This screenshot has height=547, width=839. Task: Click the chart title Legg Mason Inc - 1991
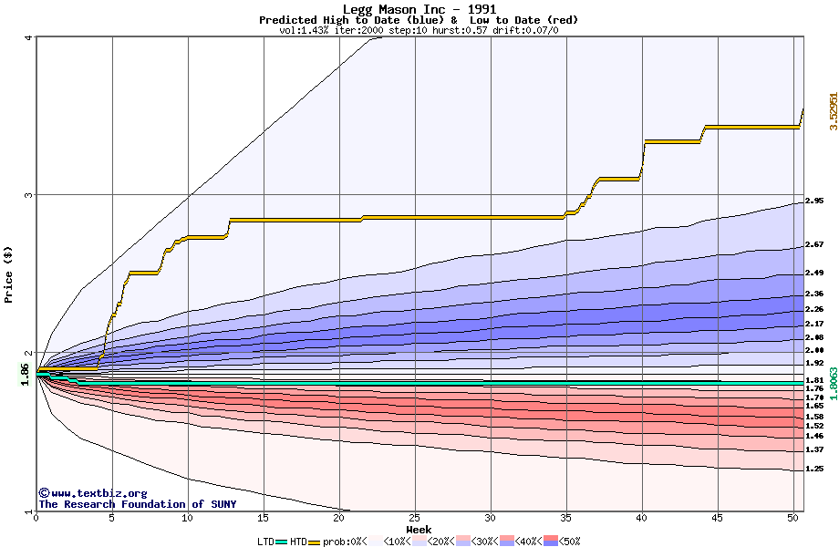coord(419,9)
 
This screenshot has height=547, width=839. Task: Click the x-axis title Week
coord(419,529)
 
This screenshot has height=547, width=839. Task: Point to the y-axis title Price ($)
coord(9,273)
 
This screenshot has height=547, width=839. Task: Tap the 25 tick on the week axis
coord(415,518)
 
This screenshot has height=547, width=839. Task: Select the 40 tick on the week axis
coord(642,518)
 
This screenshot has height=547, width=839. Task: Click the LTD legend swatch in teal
coord(282,542)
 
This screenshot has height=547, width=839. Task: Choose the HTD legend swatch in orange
coord(315,542)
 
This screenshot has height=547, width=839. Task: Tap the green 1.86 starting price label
coord(25,373)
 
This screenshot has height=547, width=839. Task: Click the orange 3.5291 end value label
coord(833,110)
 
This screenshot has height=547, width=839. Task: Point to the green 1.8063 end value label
coord(833,382)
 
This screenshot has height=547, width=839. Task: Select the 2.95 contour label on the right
coord(814,201)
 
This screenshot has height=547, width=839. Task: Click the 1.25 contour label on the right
coord(814,469)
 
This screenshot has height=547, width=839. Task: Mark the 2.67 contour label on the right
coord(814,245)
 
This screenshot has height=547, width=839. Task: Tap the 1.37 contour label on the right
coord(814,449)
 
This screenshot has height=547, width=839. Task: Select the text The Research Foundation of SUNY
coord(137,504)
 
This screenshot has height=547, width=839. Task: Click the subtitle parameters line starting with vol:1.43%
coord(419,30)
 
